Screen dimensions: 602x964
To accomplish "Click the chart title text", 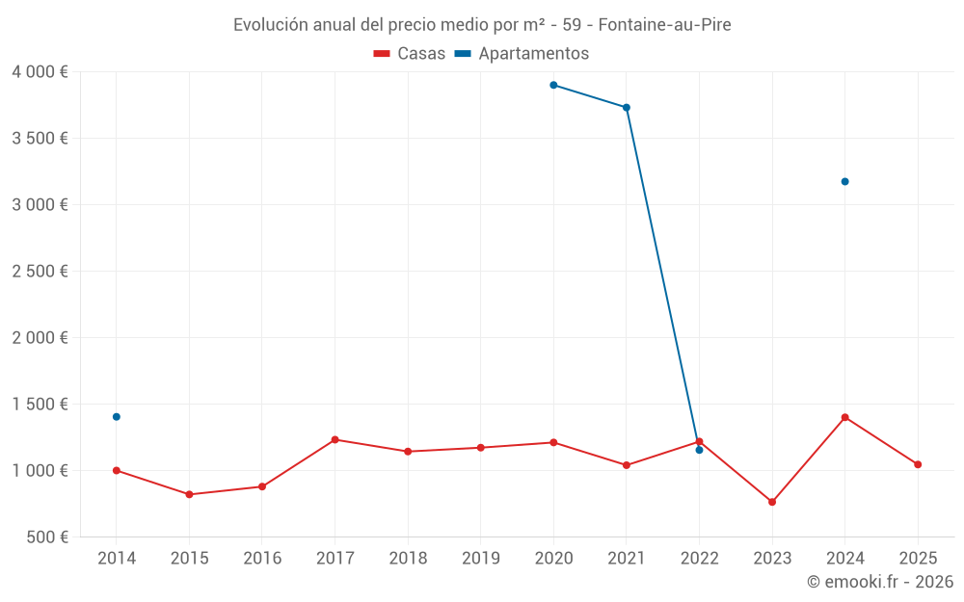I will (482, 25).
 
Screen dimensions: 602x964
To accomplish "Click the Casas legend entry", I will (410, 54).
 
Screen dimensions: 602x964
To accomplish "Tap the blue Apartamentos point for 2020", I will (553, 85).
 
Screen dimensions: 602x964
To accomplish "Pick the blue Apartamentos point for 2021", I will (627, 108).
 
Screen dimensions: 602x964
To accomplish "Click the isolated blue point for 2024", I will (845, 181).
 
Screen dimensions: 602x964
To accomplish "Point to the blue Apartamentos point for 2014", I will (117, 417).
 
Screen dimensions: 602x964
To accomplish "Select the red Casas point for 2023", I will (772, 502).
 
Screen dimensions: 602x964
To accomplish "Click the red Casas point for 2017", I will (335, 439).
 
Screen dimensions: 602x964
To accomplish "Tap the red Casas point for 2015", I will (189, 494).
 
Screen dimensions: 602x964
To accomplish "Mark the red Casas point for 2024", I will (845, 417).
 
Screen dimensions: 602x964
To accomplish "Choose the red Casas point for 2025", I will (918, 464).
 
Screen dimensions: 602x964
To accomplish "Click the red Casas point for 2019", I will (481, 448).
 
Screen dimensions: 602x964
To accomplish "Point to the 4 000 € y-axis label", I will (40, 72).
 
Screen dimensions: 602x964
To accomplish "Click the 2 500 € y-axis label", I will (40, 272).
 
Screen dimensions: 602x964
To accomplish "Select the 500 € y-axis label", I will (46, 537).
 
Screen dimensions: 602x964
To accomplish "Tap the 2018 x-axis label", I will (408, 559).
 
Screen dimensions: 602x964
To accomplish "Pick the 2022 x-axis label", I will (699, 559).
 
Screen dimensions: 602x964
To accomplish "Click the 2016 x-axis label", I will (262, 559).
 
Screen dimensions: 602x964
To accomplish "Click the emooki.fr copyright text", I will (880, 582).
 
